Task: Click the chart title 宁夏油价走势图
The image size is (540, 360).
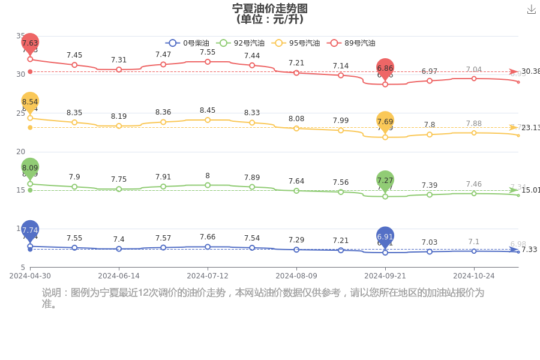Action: click(x=270, y=8)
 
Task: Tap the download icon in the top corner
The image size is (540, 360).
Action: click(x=531, y=10)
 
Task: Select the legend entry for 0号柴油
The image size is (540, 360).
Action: click(x=187, y=43)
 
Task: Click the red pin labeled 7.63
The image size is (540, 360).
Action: click(x=30, y=43)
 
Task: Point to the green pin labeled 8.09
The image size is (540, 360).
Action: click(x=30, y=168)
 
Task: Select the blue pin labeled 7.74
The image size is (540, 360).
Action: click(x=30, y=230)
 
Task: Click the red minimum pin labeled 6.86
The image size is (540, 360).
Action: click(x=385, y=68)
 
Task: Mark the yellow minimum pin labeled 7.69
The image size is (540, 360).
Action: click(x=385, y=121)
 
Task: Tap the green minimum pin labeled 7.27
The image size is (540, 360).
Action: click(x=385, y=180)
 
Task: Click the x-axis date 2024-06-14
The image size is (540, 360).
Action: click(x=119, y=276)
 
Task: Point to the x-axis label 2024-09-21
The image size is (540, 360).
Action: click(x=385, y=276)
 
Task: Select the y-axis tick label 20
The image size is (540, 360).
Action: click(x=21, y=152)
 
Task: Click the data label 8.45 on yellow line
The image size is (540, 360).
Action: click(x=208, y=110)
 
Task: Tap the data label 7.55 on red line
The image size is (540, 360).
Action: click(x=208, y=52)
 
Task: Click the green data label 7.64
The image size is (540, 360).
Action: click(x=296, y=181)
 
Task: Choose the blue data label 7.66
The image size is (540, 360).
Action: click(x=208, y=238)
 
